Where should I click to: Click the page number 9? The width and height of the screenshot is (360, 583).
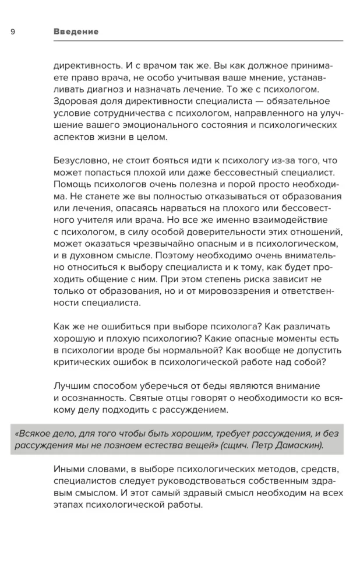13,31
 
